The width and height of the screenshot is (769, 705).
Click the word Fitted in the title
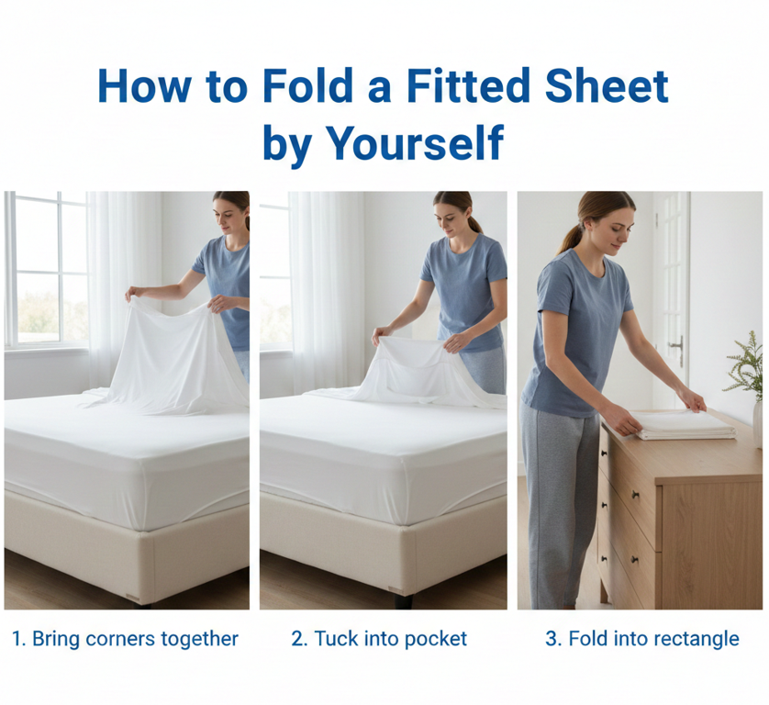(467, 86)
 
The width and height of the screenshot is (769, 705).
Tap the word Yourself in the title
(415, 143)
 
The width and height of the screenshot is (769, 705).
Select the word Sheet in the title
(607, 86)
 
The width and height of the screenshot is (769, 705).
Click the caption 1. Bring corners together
(125, 639)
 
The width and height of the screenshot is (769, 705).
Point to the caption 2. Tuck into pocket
(379, 639)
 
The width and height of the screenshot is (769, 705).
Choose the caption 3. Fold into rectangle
(642, 639)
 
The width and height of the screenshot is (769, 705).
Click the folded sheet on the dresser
(685, 425)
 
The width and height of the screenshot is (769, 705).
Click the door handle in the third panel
(678, 349)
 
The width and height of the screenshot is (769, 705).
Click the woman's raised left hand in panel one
(132, 293)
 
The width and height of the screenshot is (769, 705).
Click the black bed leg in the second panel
(403, 601)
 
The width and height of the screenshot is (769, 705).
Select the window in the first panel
(47, 269)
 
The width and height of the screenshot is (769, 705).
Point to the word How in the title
(145, 86)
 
